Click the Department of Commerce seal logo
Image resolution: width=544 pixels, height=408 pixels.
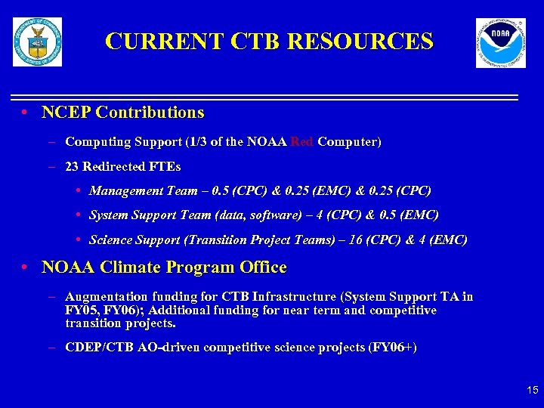pos(37,42)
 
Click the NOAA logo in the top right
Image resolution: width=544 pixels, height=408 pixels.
pos(500,42)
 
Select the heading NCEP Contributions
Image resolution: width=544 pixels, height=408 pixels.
pos(122,113)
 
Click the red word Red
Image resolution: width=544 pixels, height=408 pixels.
pos(302,142)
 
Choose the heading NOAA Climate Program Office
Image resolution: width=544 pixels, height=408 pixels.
pos(164,267)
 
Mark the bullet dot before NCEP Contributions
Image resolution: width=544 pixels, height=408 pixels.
pos(25,113)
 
